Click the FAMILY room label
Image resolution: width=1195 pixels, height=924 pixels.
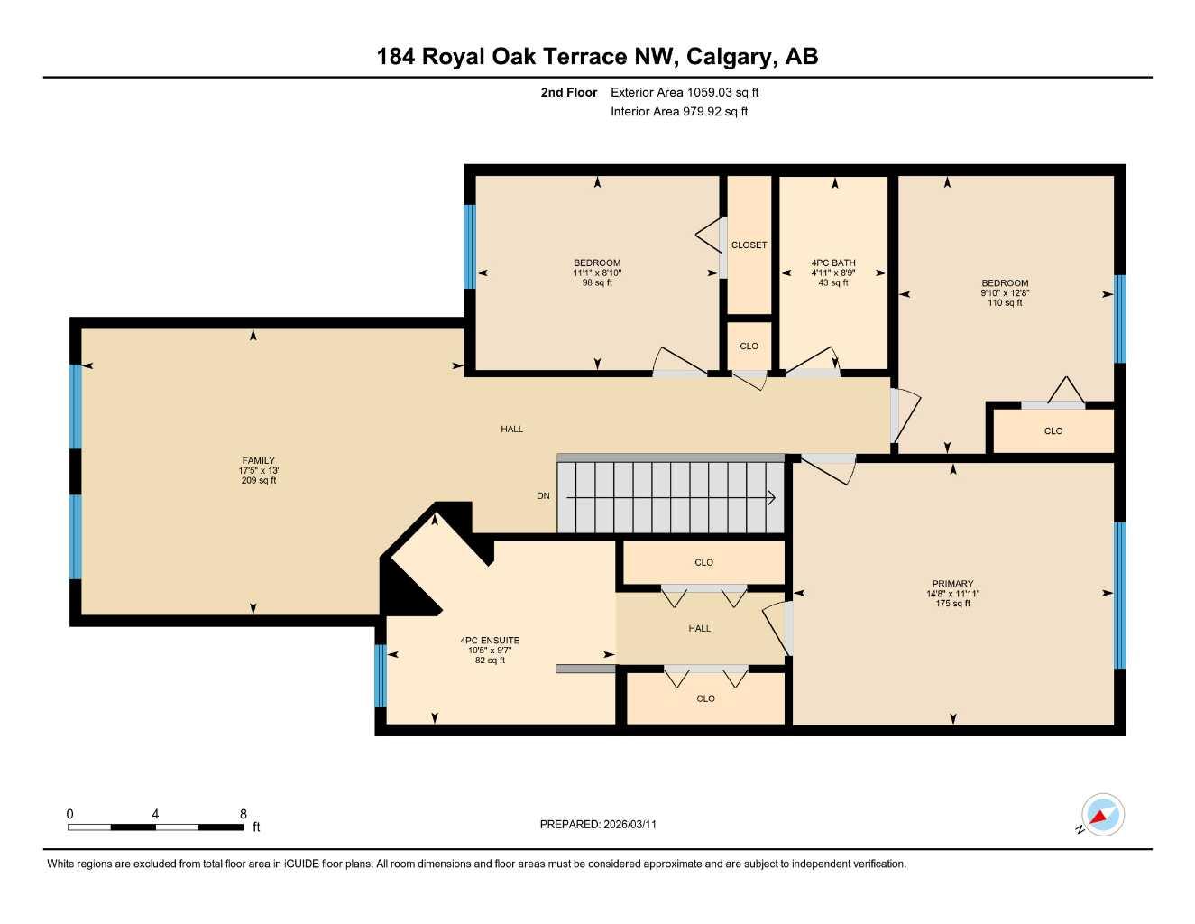point(258,461)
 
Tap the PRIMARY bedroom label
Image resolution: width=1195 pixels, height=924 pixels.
point(952,584)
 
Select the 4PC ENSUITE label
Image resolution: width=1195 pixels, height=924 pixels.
point(490,641)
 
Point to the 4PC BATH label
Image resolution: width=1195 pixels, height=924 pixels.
point(833,263)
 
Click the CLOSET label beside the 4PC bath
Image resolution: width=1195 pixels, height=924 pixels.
point(749,245)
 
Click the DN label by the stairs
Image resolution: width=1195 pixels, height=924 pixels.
point(543,496)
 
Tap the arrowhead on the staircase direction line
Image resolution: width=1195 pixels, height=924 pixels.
point(771,497)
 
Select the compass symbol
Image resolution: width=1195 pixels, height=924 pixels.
point(1102,816)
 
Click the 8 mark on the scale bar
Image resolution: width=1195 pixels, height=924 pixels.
point(243,814)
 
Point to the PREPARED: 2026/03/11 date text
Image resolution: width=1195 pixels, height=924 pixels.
point(598,825)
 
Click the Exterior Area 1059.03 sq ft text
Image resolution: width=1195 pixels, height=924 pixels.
point(685,92)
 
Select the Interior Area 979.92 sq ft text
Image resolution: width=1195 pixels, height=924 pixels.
point(679,112)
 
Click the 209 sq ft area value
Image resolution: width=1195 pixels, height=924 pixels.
point(258,481)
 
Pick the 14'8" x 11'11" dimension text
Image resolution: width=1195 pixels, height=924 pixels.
point(952,594)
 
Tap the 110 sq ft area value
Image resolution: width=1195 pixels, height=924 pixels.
point(1005,303)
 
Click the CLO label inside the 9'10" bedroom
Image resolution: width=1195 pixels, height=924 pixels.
point(1053,431)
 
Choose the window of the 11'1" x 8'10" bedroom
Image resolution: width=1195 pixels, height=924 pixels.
point(469,246)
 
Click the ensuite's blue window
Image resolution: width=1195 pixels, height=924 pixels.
point(381,676)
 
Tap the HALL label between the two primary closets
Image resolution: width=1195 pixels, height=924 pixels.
point(700,629)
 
